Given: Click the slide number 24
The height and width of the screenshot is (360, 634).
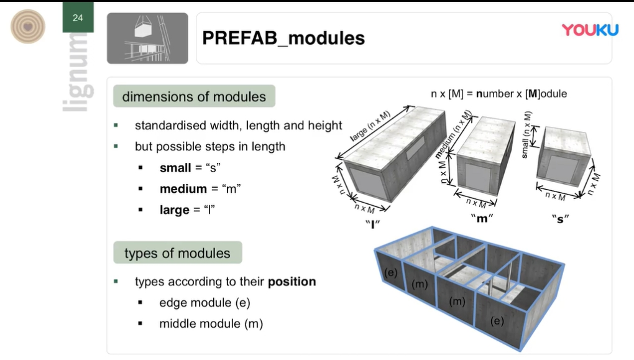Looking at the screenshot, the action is click(78, 18).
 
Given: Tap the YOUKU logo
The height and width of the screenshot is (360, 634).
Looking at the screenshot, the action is click(590, 30).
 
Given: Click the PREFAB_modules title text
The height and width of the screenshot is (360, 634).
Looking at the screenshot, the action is click(283, 38).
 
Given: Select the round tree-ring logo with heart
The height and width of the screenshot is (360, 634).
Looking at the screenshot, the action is click(27, 27).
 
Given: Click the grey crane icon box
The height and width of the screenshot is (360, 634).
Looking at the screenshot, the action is click(147, 38).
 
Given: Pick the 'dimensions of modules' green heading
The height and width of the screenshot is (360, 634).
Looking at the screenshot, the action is click(194, 96).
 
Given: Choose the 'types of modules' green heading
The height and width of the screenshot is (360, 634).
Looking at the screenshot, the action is click(178, 253).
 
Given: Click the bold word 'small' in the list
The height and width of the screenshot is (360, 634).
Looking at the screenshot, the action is click(175, 167).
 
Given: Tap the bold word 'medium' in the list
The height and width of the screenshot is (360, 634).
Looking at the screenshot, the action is click(183, 188).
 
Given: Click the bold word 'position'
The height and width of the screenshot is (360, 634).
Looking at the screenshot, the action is click(292, 282).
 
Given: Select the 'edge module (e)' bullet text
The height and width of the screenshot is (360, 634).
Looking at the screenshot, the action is click(204, 303).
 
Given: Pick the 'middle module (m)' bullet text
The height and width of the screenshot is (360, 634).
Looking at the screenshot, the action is click(211, 323).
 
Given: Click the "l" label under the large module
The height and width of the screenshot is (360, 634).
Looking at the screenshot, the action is click(372, 224).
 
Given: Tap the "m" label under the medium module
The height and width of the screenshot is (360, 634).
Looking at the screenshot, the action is click(482, 219).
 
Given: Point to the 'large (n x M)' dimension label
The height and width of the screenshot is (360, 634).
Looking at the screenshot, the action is click(370, 126).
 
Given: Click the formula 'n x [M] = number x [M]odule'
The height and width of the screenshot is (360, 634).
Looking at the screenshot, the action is click(499, 94).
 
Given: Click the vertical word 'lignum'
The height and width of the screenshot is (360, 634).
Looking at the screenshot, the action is click(78, 72).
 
